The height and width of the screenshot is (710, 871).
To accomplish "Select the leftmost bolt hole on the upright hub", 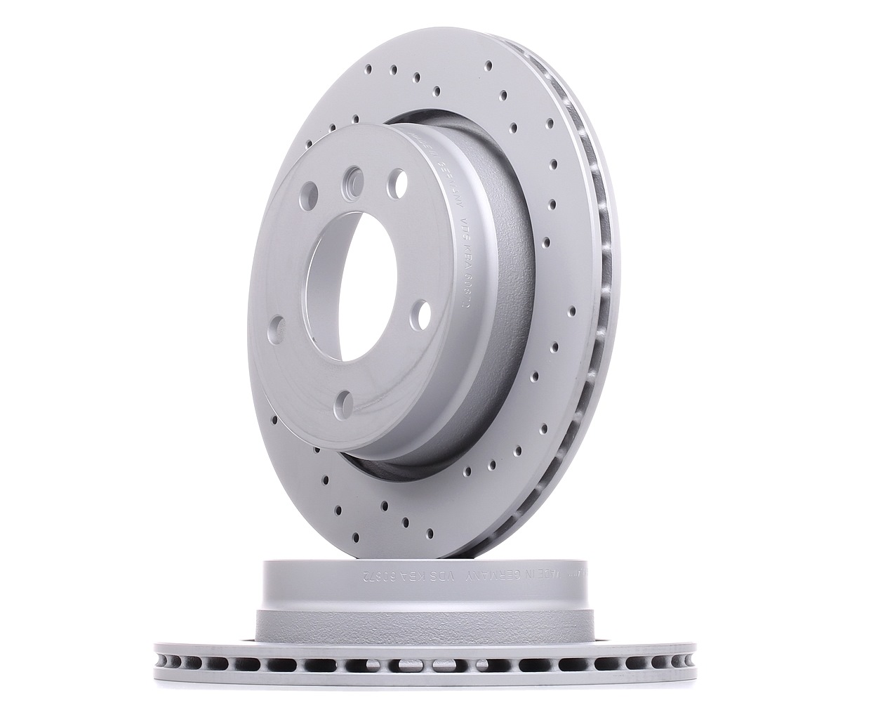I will coord(277,328).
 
